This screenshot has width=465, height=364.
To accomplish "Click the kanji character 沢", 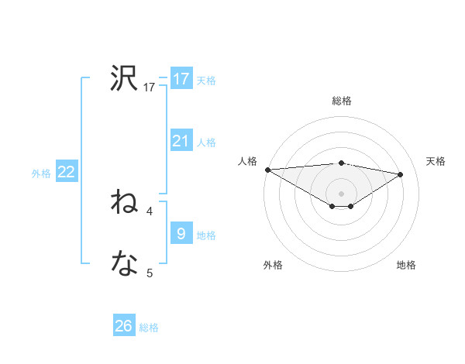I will pyautogui.click(x=124, y=79).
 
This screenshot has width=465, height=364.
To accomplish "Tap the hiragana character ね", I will pyautogui.click(x=124, y=203).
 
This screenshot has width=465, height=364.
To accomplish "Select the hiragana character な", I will pyautogui.click(x=124, y=265).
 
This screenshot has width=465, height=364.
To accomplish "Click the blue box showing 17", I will pyautogui.click(x=181, y=79).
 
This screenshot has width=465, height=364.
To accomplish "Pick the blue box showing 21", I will pyautogui.click(x=181, y=141).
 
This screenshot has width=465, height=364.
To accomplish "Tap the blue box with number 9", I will pyautogui.click(x=181, y=234).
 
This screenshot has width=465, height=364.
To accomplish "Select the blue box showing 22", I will pyautogui.click(x=66, y=173).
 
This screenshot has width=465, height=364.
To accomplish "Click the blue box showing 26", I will pyautogui.click(x=124, y=327).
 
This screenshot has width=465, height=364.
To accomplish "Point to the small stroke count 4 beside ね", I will pyautogui.click(x=150, y=211).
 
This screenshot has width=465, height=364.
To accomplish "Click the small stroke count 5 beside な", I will pyautogui.click(x=150, y=273).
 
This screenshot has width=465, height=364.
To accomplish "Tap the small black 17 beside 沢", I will pyautogui.click(x=150, y=88).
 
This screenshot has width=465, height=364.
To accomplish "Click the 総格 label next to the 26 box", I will pyautogui.click(x=149, y=328).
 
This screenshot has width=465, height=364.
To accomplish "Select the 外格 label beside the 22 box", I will pyautogui.click(x=41, y=173).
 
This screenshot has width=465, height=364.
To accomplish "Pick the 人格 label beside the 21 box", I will pyautogui.click(x=206, y=143).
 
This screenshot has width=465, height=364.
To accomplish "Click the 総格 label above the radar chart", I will pyautogui.click(x=341, y=101).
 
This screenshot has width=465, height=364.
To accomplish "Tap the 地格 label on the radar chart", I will pyautogui.click(x=406, y=265).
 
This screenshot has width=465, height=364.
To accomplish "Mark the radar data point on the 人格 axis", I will pyautogui.click(x=267, y=170).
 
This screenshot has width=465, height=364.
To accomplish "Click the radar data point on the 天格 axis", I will pyautogui.click(x=400, y=173).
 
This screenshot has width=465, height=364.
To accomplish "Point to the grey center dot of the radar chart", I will pyautogui.click(x=341, y=193).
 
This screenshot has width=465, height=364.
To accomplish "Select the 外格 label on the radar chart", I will pyautogui.click(x=273, y=265).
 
